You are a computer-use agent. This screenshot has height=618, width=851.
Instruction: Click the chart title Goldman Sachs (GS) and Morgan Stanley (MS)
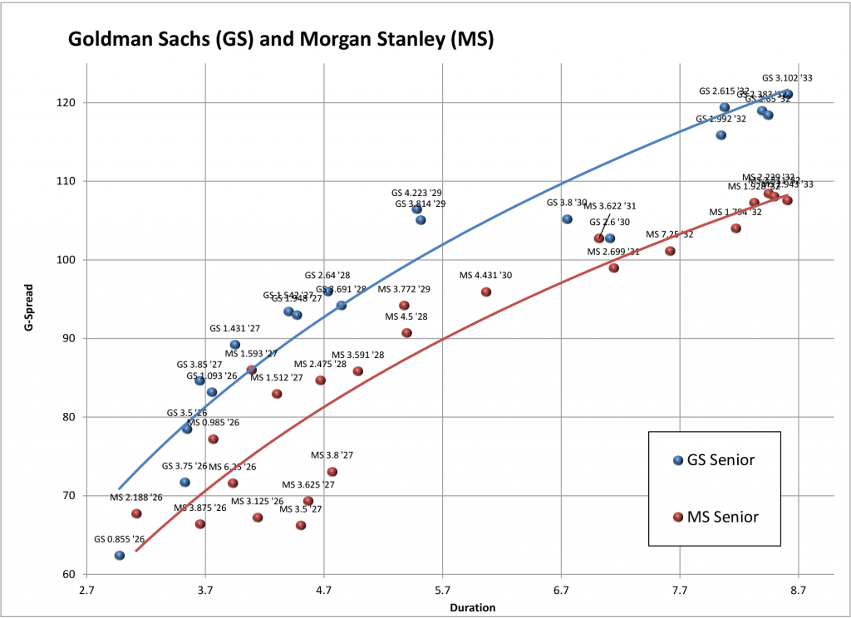click(280, 39)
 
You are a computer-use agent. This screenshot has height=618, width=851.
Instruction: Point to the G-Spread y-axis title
click(28, 337)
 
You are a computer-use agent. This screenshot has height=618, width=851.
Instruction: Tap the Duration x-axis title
click(473, 607)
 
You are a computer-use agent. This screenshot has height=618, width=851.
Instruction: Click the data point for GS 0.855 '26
click(120, 555)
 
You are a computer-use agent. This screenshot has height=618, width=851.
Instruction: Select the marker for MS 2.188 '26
click(136, 514)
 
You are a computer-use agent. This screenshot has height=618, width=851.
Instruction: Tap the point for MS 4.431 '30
click(486, 292)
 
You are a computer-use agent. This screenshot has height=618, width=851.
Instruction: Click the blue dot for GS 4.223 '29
click(417, 209)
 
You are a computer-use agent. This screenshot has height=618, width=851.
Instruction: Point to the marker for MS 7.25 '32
click(670, 251)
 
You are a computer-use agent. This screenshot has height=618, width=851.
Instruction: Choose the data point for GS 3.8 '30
click(567, 219)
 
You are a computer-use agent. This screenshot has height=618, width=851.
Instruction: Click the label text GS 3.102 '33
click(787, 78)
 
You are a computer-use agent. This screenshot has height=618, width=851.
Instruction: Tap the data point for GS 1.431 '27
click(234, 345)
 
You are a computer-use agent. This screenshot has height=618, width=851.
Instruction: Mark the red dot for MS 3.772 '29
click(404, 306)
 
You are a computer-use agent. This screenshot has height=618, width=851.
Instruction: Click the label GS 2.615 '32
click(724, 91)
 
